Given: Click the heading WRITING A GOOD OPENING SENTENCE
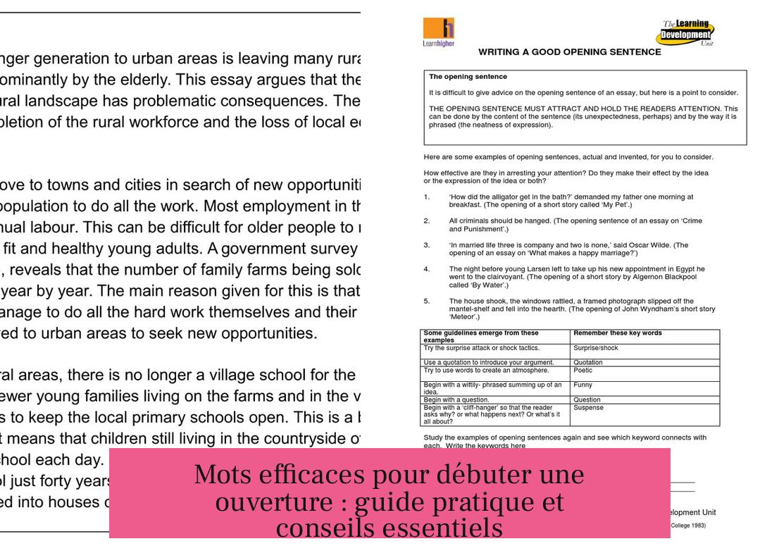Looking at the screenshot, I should pyautogui.click(x=569, y=52).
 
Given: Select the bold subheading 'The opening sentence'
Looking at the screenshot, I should pyautogui.click(x=468, y=76).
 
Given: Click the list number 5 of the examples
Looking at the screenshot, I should pyautogui.click(x=427, y=300).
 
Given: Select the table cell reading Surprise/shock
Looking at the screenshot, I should pyautogui.click(x=596, y=348).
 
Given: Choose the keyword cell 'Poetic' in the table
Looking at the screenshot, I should pyautogui.click(x=583, y=370).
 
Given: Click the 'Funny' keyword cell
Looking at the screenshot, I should pyautogui.click(x=583, y=385).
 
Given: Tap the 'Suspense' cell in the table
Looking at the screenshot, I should pyautogui.click(x=588, y=407).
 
